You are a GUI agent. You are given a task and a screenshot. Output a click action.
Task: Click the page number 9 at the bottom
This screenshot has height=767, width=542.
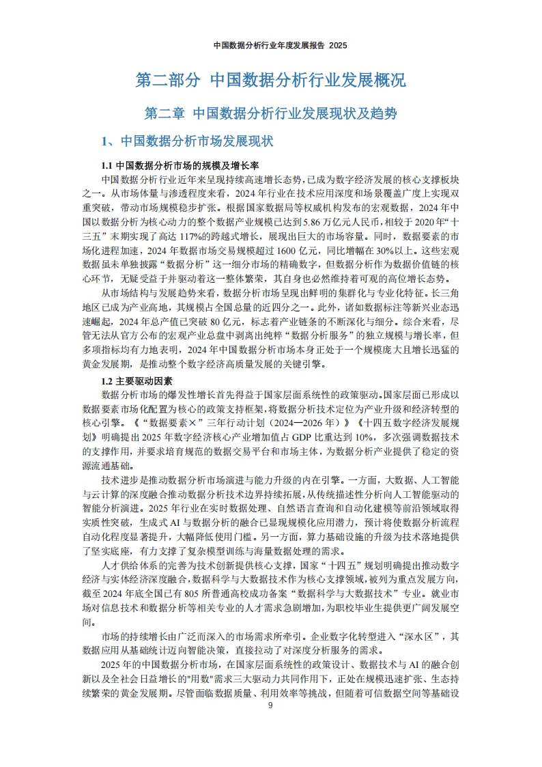click(x=270, y=706)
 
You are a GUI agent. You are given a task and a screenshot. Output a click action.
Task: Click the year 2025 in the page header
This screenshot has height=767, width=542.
click(x=339, y=46)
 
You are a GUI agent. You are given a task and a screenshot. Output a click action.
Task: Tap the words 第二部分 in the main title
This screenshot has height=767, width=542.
click(x=167, y=81)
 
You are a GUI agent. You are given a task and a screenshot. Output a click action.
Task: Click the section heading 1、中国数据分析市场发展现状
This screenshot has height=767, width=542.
click(x=186, y=141)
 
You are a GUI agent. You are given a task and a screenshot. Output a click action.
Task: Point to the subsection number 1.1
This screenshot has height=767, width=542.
click(x=107, y=166)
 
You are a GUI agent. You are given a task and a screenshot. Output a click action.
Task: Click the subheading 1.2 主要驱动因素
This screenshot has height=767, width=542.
click(x=137, y=380)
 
